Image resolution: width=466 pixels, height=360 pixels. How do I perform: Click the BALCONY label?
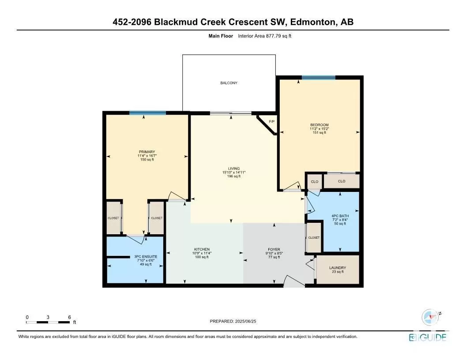tap(229, 83)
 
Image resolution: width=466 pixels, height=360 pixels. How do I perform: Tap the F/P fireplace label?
tap(271, 122)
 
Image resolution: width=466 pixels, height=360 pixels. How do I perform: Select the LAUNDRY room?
tap(338, 270)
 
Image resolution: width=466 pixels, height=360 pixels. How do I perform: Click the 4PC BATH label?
tap(340, 216)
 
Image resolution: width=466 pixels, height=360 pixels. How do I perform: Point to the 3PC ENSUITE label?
tap(146, 257)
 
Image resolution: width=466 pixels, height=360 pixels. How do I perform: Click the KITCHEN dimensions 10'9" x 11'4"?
tap(202, 253)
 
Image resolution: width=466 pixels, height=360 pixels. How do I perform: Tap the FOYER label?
tap(274, 250)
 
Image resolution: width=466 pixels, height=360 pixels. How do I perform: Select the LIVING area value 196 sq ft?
tap(234, 176)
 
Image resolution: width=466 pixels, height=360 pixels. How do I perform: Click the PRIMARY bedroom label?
tap(147, 152)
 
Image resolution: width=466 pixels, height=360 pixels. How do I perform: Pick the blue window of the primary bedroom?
tap(147, 113)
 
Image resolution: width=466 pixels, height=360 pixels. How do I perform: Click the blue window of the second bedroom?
tap(319, 78)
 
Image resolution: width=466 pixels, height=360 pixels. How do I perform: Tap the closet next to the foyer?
tap(314, 238)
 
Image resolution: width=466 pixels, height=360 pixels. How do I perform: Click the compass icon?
tap(430, 317)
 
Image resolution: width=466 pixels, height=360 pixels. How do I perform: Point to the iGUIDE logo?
tap(428, 337)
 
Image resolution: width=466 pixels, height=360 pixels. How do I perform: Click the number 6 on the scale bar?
tap(70, 317)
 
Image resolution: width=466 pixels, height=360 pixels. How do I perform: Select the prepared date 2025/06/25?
tap(245, 321)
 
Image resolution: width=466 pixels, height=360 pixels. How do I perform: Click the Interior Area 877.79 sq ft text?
tap(264, 36)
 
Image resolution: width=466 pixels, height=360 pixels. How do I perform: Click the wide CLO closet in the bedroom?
tap(342, 181)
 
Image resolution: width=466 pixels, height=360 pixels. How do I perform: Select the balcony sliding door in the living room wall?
tap(231, 113)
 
